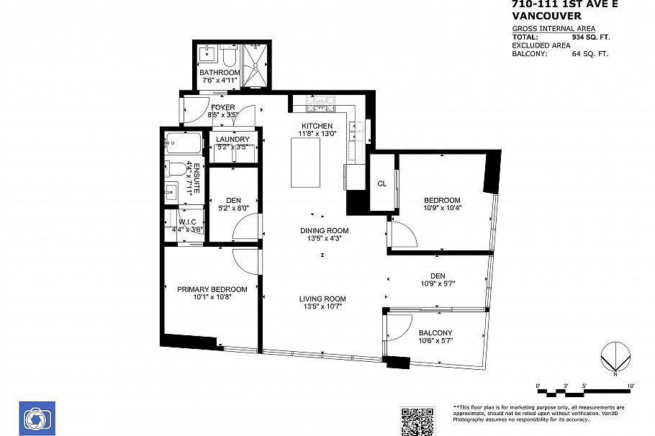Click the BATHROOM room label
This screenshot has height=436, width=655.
(x=220, y=73)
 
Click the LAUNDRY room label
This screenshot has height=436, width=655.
(x=233, y=140)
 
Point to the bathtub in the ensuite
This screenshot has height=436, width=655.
(x=183, y=144)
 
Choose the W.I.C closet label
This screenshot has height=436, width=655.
(x=187, y=222)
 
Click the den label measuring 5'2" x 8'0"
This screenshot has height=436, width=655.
(x=233, y=201)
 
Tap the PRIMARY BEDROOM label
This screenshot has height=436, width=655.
(x=212, y=289)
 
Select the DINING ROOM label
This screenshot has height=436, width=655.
(x=324, y=231)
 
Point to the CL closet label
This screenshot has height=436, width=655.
(x=382, y=183)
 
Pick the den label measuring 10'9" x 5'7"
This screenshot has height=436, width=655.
(x=438, y=276)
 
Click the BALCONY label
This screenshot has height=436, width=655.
(x=435, y=332)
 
